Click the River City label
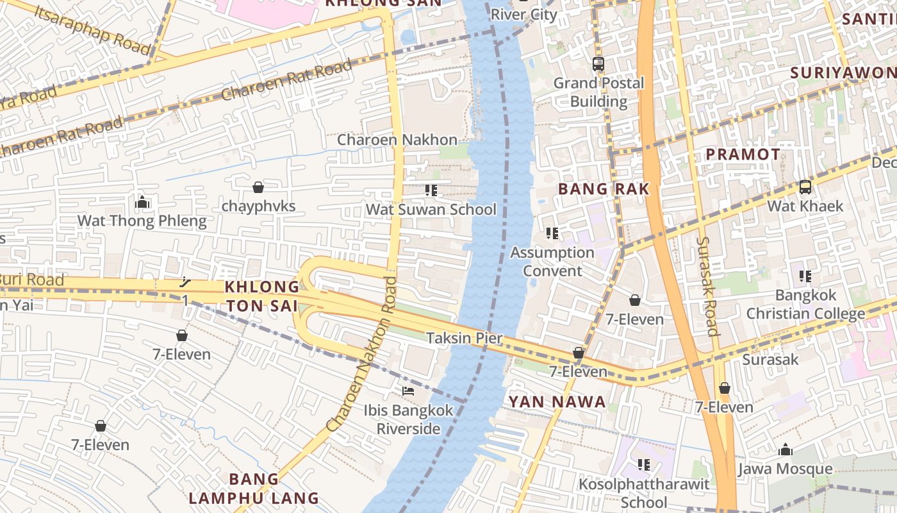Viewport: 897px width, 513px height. [x=524, y=15]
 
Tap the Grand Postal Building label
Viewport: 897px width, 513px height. [x=598, y=92]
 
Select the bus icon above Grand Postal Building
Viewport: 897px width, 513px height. [x=598, y=64]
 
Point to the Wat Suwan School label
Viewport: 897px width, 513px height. [x=431, y=210]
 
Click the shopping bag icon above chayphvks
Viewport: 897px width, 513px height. [x=258, y=187]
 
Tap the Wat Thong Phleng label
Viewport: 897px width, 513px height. [x=142, y=221]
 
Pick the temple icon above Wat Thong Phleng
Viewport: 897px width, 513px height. [x=142, y=203]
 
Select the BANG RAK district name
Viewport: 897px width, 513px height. [x=604, y=189]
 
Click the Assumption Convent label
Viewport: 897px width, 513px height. [x=552, y=262]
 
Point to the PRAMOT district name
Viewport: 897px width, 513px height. [x=743, y=155]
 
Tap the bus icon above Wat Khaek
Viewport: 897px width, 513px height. [x=805, y=187]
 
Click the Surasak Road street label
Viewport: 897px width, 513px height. [x=707, y=286]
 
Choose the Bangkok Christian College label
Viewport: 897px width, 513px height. [x=805, y=305]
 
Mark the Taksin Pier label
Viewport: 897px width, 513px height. [x=465, y=338]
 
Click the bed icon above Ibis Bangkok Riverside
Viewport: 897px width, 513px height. [x=408, y=391]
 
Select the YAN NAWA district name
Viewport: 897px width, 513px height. [x=557, y=402]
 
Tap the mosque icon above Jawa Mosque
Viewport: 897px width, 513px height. [x=786, y=450]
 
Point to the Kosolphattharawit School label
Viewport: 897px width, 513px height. [x=644, y=492]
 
